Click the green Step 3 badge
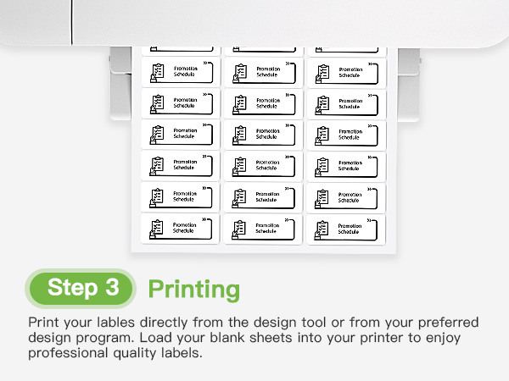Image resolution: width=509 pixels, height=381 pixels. [x=82, y=288]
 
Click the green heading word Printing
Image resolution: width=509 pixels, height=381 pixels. [x=193, y=289]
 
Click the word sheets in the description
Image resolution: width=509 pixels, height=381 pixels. [x=288, y=338]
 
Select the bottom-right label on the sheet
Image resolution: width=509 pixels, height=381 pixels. [x=344, y=229]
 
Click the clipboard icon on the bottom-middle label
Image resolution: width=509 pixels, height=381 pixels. [x=239, y=229]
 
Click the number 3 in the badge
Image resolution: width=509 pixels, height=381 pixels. [x=111, y=288]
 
